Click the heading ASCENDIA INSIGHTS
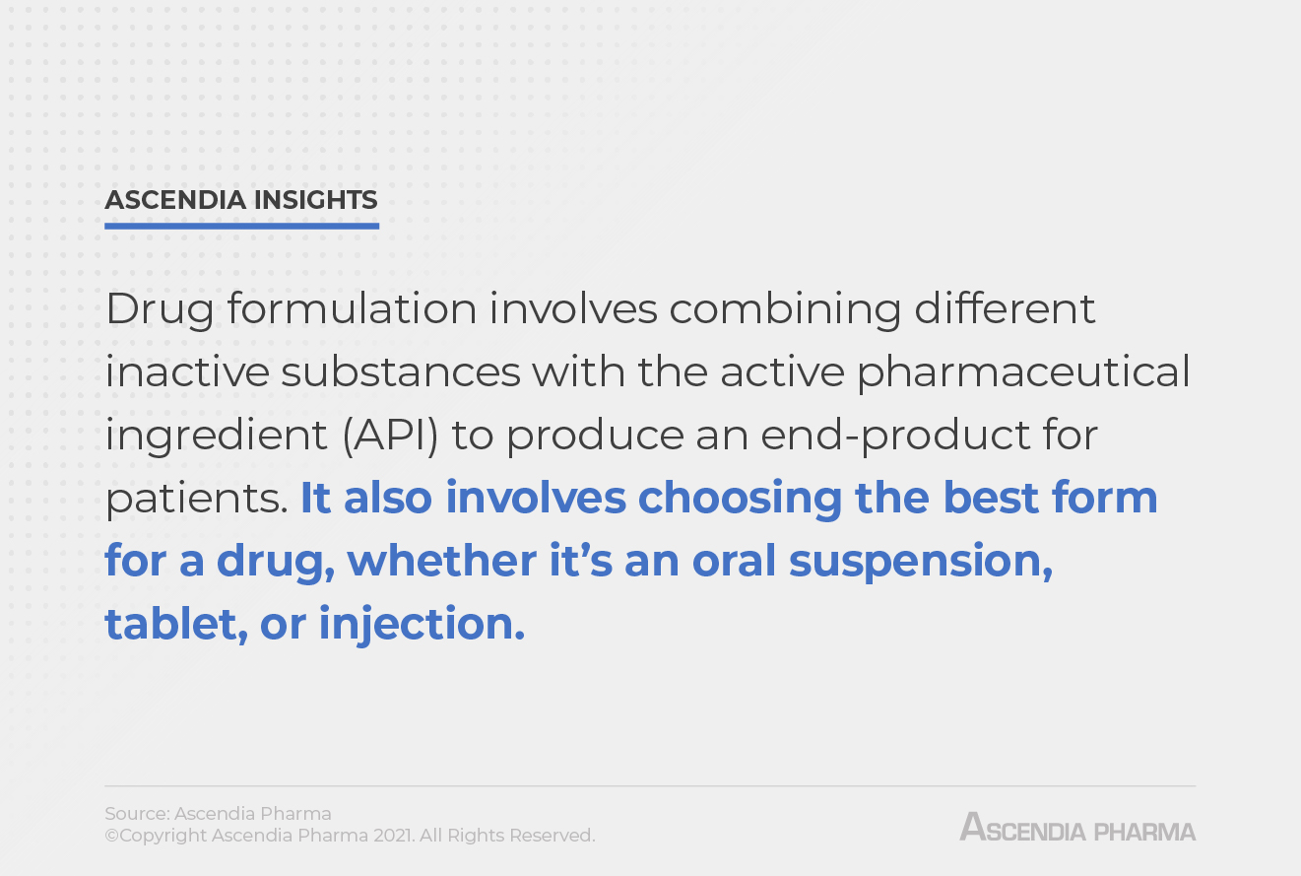coord(241,200)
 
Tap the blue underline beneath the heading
coord(241,226)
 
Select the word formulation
coord(352,309)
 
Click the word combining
coord(785,309)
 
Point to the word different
coord(1005,309)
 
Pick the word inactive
coord(186,372)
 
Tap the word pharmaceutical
coord(1023,372)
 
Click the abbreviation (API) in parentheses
coord(391,435)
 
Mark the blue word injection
coord(422,625)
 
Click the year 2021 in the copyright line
coord(395,836)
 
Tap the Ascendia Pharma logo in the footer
coord(1077,828)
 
